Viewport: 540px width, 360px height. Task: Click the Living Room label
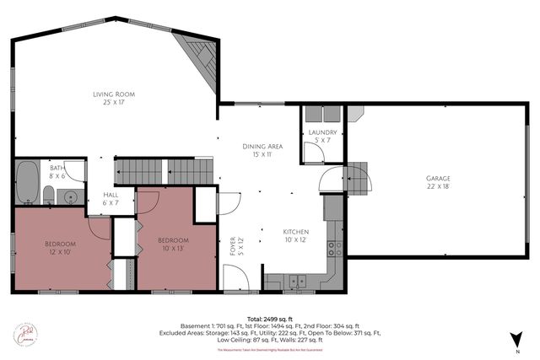[113, 99]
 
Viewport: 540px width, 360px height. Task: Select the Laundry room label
[323, 136]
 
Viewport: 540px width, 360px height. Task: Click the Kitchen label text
[296, 235]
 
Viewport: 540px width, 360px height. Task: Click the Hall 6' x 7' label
[111, 198]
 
